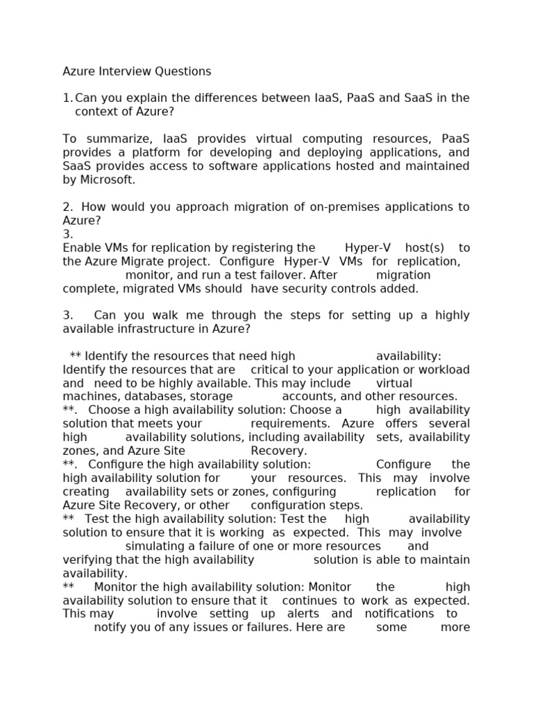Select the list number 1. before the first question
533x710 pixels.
coord(67,98)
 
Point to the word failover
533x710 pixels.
coord(265,275)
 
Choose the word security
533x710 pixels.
coord(311,288)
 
